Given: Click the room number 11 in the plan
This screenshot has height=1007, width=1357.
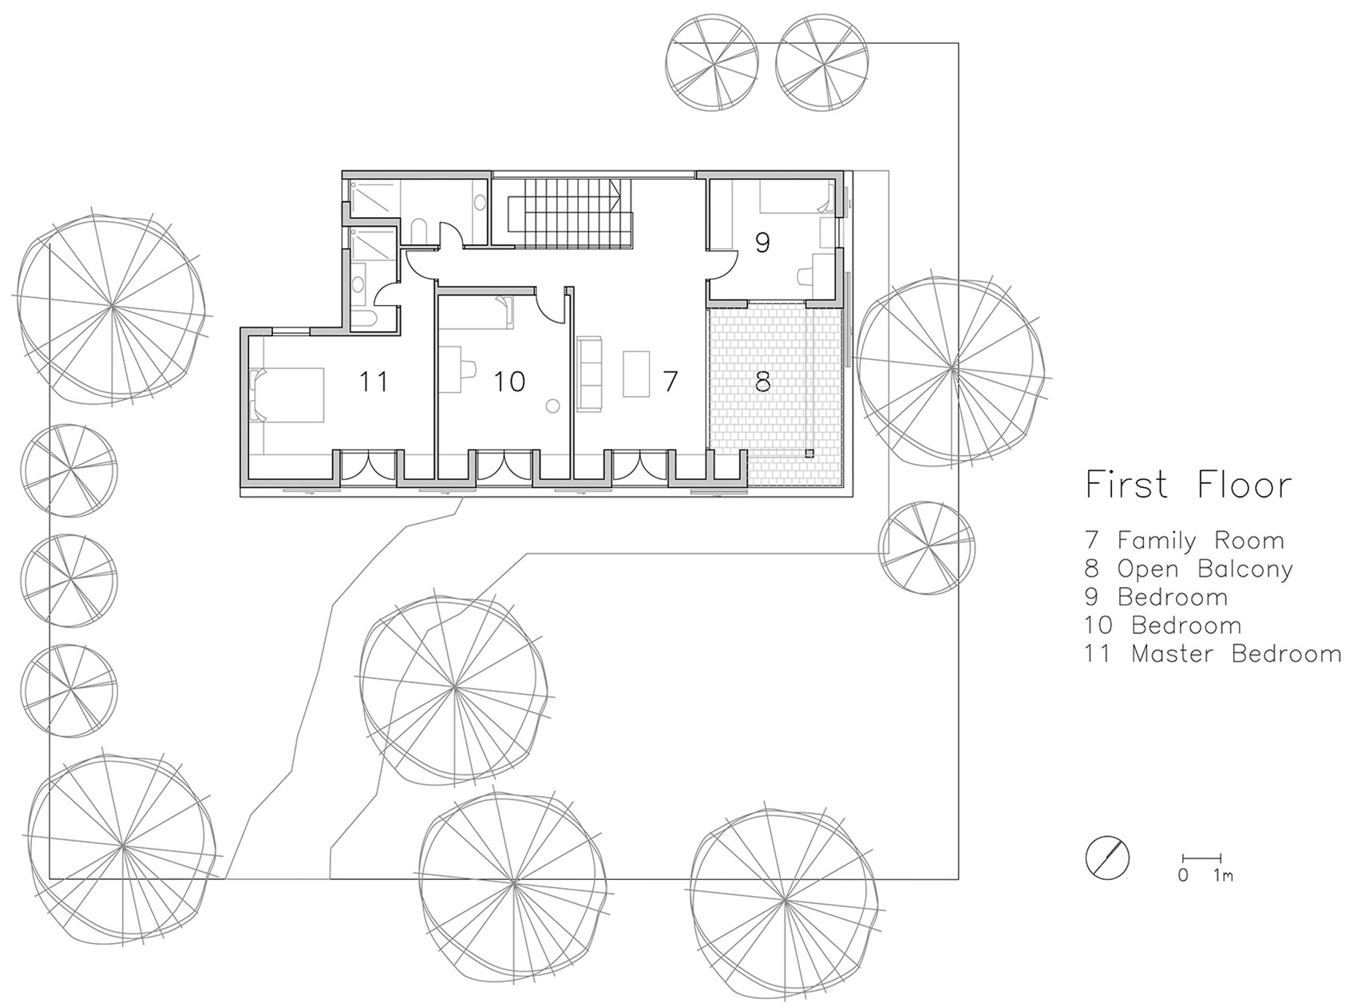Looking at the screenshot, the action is [x=374, y=382].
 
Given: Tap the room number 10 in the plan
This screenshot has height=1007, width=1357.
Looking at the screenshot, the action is [x=508, y=382].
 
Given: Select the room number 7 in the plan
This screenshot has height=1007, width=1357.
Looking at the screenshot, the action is [x=670, y=382].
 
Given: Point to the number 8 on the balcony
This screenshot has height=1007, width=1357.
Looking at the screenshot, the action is [x=762, y=382].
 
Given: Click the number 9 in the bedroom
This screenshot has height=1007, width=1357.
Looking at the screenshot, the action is [x=762, y=243].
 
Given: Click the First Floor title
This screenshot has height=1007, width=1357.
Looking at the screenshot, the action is [x=1188, y=485].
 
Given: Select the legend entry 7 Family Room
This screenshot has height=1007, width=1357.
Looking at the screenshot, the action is [x=1185, y=541].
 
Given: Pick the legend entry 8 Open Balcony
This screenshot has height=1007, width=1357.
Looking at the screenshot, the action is [x=1189, y=569].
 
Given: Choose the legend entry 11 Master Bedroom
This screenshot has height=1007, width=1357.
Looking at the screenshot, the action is [x=1213, y=654].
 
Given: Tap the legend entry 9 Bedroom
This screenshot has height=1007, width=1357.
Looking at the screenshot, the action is [x=1156, y=597].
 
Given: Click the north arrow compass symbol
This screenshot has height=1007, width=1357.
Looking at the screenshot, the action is [x=1108, y=858].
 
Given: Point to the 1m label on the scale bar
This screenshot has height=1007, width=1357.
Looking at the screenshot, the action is [x=1223, y=875].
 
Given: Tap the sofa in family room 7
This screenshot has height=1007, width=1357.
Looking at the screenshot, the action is [x=588, y=375].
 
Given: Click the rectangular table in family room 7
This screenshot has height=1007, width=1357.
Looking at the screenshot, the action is [x=637, y=373].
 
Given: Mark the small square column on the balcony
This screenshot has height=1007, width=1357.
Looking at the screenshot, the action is [x=809, y=454].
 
